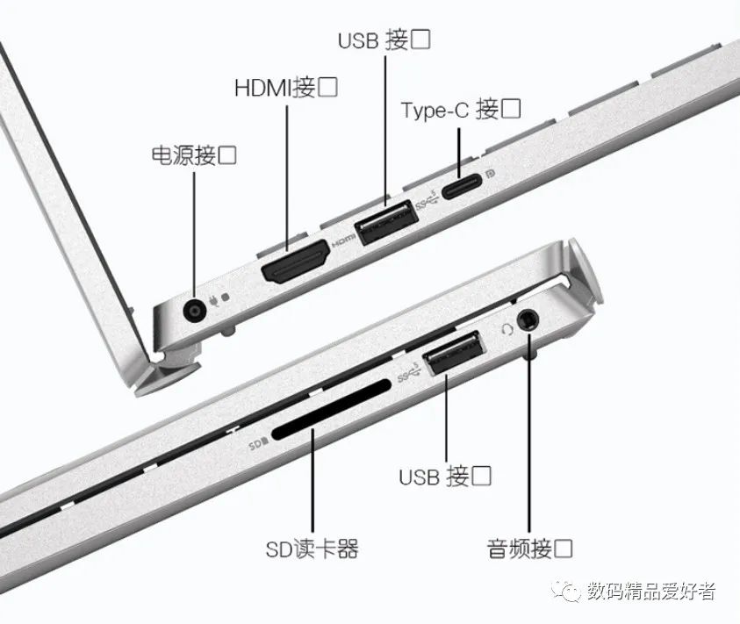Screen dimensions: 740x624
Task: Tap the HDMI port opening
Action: pyautogui.click(x=295, y=262)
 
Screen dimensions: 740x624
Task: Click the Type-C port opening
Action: pyautogui.click(x=462, y=186)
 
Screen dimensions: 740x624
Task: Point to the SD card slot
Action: pyautogui.click(x=331, y=410)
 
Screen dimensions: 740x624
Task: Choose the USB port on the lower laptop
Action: pyautogui.click(x=454, y=352)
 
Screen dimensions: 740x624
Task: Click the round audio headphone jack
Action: pyautogui.click(x=528, y=320)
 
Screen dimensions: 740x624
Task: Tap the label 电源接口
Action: pyautogui.click(x=194, y=155)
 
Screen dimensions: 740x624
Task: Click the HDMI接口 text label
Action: pyautogui.click(x=286, y=87)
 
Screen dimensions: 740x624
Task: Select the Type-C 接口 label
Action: pyautogui.click(x=461, y=110)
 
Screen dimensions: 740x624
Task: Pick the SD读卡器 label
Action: pyautogui.click(x=312, y=549)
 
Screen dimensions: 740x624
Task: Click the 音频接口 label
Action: pyautogui.click(x=529, y=549)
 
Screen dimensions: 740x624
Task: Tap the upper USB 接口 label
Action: pyautogui.click(x=384, y=39)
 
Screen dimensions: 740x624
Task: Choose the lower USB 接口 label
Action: pyautogui.click(x=445, y=476)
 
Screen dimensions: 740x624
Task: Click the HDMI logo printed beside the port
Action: pyautogui.click(x=343, y=240)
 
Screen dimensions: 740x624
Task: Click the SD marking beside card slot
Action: pyautogui.click(x=258, y=444)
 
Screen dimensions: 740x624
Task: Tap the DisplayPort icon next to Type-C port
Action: pyautogui.click(x=491, y=174)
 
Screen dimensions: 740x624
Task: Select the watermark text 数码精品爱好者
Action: pyautogui.click(x=651, y=591)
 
